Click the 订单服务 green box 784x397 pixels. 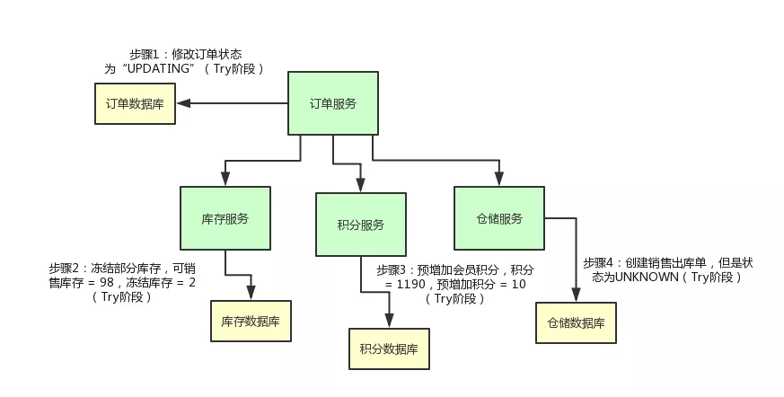coord(332,103)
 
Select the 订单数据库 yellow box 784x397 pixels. coord(136,103)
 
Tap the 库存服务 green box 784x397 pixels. coord(225,218)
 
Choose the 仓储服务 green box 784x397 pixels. coord(498,218)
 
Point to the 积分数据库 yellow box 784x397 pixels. coord(389,348)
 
